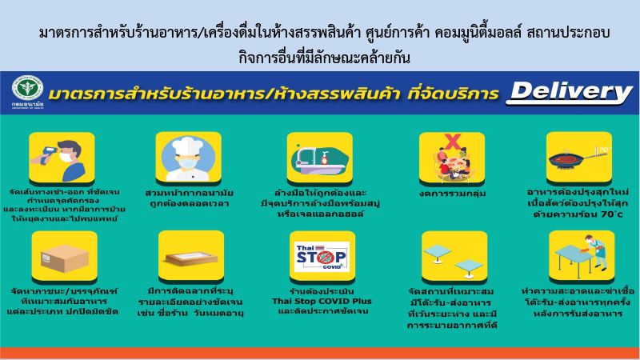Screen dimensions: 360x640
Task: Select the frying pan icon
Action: pos(578,156)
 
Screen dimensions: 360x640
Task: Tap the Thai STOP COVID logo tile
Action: pos(321,256)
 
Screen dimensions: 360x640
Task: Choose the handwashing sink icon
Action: pos(321,157)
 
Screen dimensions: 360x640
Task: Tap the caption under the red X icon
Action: pos(452,193)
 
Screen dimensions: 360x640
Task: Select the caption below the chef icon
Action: pos(189,198)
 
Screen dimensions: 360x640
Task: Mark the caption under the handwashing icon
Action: pos(321,203)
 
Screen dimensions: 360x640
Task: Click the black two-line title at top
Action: pos(320,45)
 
